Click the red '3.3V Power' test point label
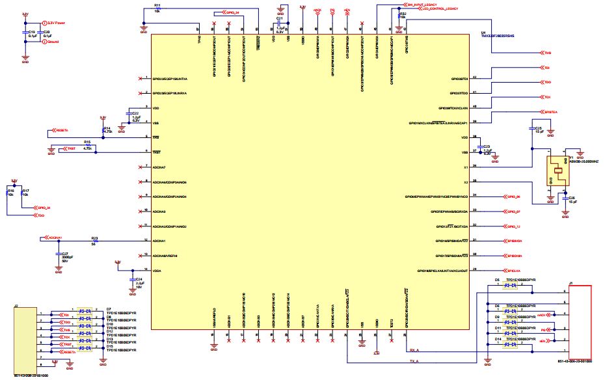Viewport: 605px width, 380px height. tap(57, 22)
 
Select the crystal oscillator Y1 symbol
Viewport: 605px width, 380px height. tap(557, 171)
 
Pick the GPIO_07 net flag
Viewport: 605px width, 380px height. tap(513, 211)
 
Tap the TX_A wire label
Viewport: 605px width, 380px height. tap(414, 361)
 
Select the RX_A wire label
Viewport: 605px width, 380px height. tap(414, 349)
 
